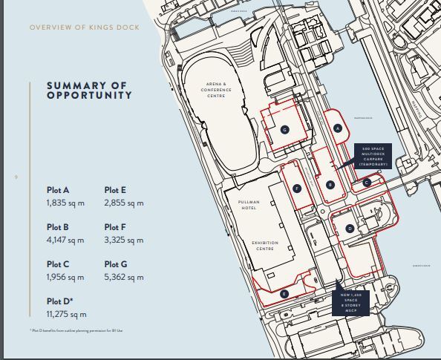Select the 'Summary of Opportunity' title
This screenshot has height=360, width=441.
tap(89, 90)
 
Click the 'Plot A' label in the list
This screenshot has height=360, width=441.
tap(58, 190)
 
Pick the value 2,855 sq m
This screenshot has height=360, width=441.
tap(124, 203)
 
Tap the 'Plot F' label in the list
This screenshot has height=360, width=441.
tap(116, 227)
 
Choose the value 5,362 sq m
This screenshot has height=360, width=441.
tap(124, 277)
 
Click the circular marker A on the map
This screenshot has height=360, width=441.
tap(338, 128)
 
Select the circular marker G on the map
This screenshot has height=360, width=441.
tap(284, 128)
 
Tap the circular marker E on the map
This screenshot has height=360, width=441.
tap(284, 294)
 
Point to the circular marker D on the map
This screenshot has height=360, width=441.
tap(350, 229)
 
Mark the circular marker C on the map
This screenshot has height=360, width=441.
tap(367, 181)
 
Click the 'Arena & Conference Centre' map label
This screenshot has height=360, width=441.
tap(219, 91)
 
